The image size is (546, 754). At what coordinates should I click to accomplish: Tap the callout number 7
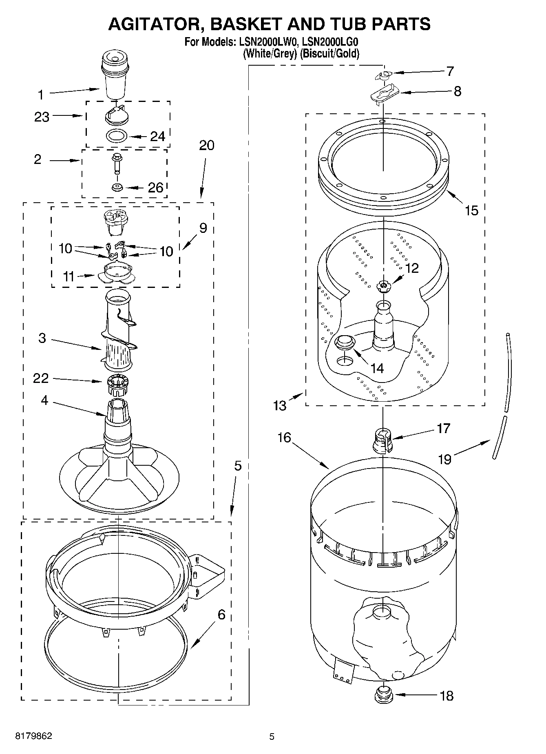point(450,71)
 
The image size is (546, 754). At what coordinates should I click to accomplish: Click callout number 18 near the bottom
point(447,695)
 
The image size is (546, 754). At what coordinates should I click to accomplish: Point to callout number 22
point(41,378)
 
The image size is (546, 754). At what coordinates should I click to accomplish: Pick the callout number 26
point(155,188)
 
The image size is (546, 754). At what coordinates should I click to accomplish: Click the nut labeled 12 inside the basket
point(383,286)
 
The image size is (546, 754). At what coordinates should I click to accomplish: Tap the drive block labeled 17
point(382,440)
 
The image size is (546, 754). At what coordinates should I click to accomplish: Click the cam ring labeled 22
point(118,385)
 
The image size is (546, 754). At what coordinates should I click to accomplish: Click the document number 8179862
point(33,736)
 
